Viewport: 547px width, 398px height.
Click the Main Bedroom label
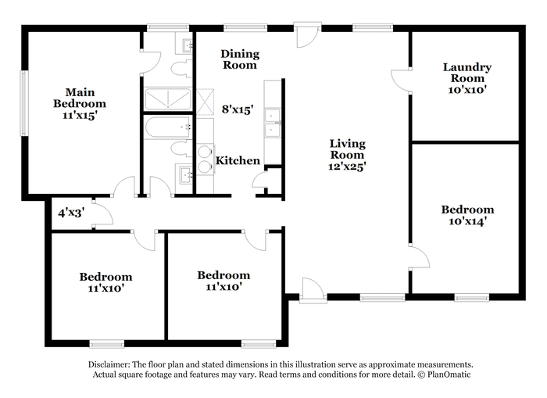(80, 98)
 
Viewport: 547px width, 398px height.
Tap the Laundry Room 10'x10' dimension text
(467, 90)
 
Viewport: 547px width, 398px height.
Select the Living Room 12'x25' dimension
(347, 167)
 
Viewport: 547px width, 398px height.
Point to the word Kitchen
(238, 160)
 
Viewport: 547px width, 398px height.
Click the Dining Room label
(240, 59)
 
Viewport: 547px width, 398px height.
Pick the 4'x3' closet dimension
(72, 213)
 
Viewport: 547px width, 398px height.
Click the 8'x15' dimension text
(238, 109)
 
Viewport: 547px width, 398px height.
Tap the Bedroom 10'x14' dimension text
(467, 221)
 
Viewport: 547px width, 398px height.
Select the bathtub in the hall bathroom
(168, 127)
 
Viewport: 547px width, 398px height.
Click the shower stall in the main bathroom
(168, 99)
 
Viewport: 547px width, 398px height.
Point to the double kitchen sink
(272, 123)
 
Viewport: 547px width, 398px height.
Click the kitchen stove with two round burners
(205, 160)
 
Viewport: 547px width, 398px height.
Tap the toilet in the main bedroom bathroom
(181, 68)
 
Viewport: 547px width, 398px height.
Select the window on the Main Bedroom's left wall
(23, 103)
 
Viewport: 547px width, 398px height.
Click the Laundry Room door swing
(401, 81)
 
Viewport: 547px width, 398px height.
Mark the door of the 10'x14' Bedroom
(420, 256)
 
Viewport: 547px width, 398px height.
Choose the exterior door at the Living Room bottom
(313, 290)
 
